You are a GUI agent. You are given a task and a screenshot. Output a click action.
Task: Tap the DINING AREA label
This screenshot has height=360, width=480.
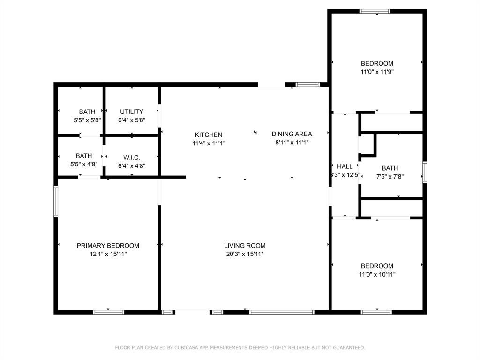click(x=292, y=134)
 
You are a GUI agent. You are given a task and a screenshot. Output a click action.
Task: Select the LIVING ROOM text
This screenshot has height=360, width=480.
click(x=245, y=245)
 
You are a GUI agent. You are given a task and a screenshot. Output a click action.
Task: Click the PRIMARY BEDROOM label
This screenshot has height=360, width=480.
click(x=108, y=245)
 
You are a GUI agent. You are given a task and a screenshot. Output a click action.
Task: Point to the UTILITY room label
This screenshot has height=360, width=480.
click(x=132, y=112)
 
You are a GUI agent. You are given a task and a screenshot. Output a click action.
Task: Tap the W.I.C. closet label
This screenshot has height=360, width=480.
click(x=132, y=157)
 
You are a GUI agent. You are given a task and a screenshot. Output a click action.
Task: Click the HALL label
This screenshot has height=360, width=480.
click(x=345, y=166)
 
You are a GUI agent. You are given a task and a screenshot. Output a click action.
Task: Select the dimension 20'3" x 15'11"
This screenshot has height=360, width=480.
click(x=245, y=254)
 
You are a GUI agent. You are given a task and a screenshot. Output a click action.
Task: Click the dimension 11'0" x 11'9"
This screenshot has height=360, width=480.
click(x=377, y=72)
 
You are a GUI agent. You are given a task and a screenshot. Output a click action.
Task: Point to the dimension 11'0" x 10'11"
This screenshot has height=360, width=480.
click(x=377, y=275)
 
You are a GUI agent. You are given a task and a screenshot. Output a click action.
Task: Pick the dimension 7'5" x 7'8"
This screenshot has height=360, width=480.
click(x=390, y=177)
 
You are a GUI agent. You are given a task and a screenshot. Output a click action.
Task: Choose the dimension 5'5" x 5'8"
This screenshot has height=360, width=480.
click(x=87, y=120)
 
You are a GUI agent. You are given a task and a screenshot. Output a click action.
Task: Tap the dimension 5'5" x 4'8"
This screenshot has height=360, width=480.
click(x=84, y=165)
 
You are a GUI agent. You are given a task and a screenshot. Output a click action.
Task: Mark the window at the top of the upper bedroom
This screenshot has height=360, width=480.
click(x=375, y=11)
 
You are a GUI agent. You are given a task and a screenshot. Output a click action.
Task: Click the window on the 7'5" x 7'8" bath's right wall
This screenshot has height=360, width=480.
click(x=425, y=172)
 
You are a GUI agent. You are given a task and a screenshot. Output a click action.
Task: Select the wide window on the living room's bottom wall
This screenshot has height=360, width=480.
click(x=282, y=312)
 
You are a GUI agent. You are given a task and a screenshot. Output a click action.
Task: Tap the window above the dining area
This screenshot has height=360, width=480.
click(x=307, y=85)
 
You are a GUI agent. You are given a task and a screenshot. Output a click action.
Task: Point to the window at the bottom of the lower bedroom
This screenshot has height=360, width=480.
click(x=376, y=312)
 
